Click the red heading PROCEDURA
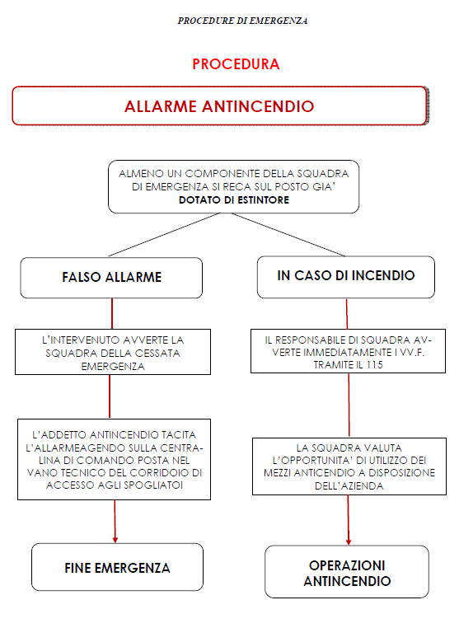[x=236, y=64]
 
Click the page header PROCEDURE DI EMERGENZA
[x=242, y=21]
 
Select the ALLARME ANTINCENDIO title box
[x=220, y=105]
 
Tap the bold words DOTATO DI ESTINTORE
[x=234, y=199]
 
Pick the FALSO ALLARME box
[x=111, y=278]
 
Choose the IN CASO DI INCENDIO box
[x=345, y=277]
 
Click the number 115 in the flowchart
[x=375, y=365]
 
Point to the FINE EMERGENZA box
[x=117, y=567]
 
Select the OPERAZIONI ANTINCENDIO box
[x=347, y=571]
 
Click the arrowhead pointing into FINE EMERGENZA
[x=115, y=540]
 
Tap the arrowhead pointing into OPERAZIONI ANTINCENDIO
[x=349, y=542]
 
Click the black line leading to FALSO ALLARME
[x=164, y=235]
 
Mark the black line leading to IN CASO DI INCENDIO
[x=288, y=234]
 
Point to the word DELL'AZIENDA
[x=349, y=486]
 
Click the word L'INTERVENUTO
[x=81, y=340]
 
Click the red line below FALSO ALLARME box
[x=112, y=314]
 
